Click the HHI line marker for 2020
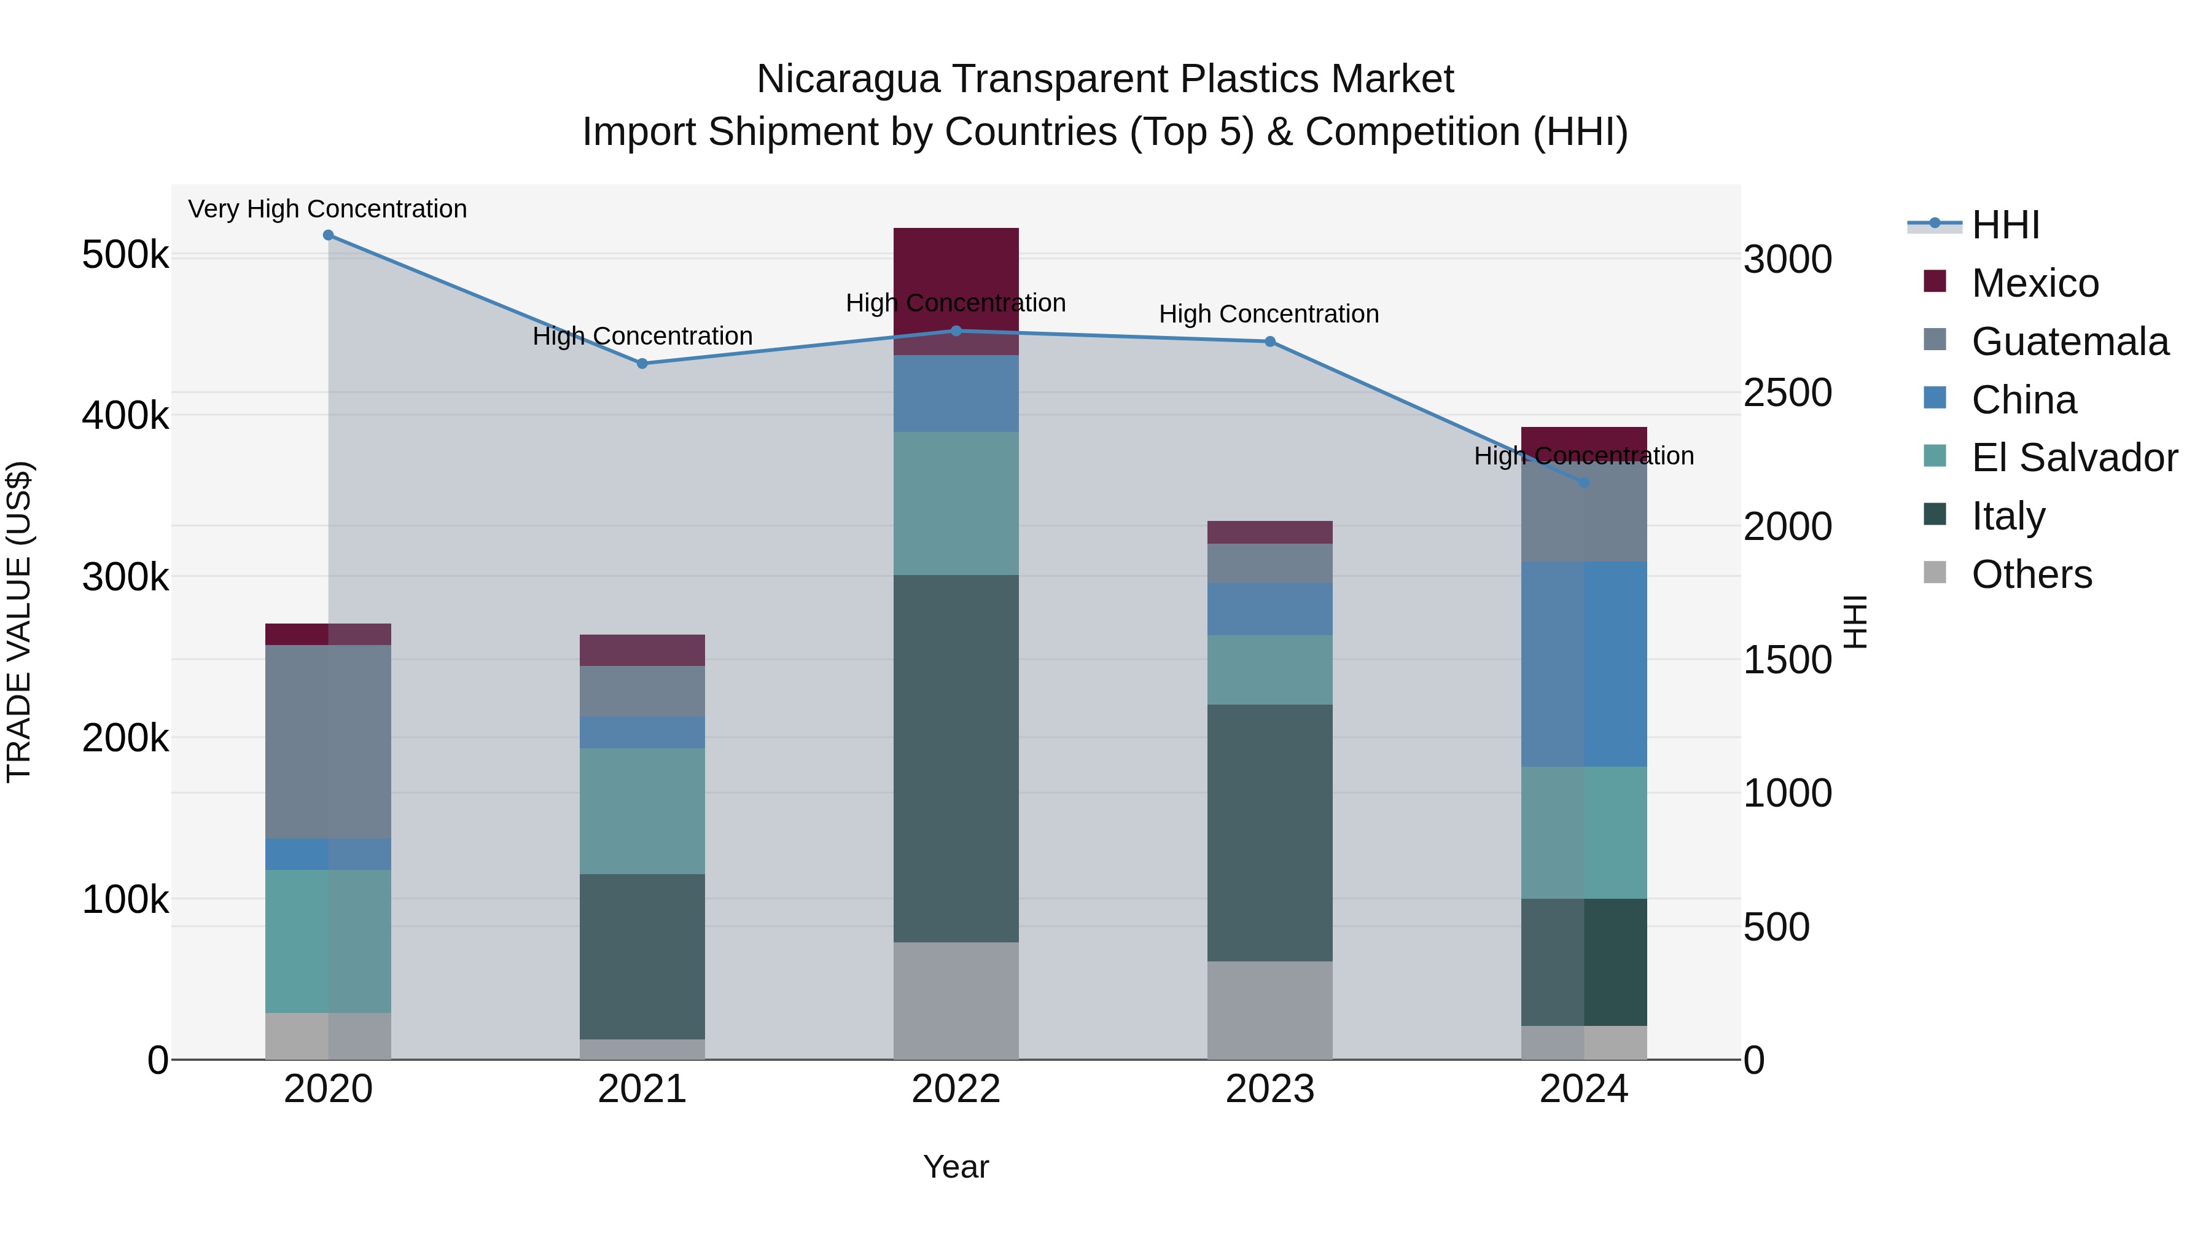328,235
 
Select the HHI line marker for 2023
1269,342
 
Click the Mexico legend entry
2034,283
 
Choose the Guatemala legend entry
2069,342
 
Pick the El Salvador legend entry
2073,458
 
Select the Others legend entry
2031,574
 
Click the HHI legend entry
2005,225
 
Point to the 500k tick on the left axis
125,255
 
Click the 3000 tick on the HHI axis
1787,259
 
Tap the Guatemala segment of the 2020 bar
328,741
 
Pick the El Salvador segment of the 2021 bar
642,812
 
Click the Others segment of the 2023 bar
1269,1011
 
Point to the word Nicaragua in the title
848,79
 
